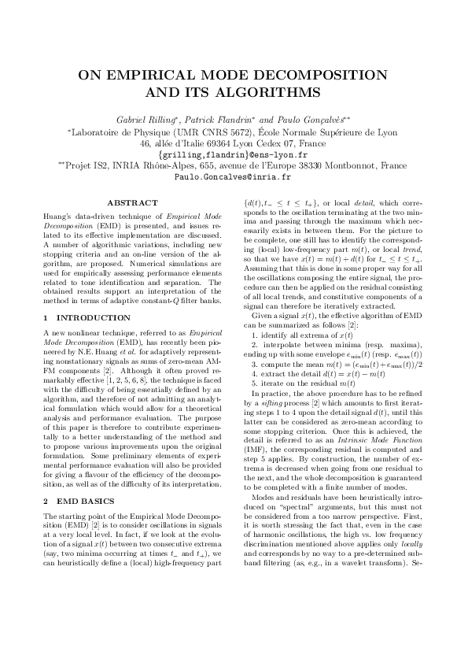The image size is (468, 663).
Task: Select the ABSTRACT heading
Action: pyautogui.click(x=127, y=203)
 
